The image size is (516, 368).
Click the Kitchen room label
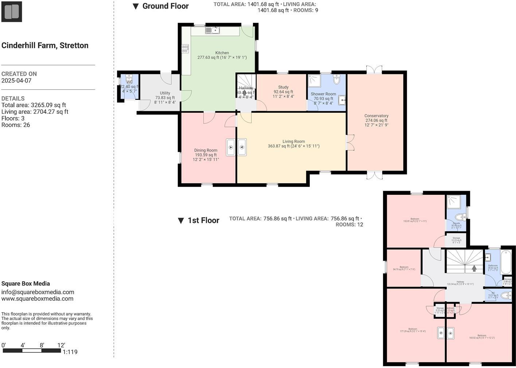pyautogui.click(x=222, y=53)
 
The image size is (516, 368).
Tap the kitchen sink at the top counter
pyautogui.click(x=212, y=30)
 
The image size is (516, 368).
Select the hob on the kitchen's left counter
pyautogui.click(x=185, y=49)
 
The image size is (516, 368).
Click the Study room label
pyautogui.click(x=283, y=87)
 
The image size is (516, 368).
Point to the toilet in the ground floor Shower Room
pyautogui.click(x=336, y=79)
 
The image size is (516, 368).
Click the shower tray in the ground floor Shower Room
pyautogui.click(x=314, y=81)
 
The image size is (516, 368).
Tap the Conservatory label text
pyautogui.click(x=376, y=116)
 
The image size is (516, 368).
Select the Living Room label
pyautogui.click(x=293, y=142)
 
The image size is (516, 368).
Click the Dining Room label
pyautogui.click(x=206, y=150)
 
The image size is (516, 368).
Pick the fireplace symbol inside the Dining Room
pyautogui.click(x=230, y=147)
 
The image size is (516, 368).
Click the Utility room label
pyautogui.click(x=165, y=93)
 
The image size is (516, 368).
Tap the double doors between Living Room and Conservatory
pyautogui.click(x=350, y=143)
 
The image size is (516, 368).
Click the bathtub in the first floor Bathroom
pyautogui.click(x=506, y=262)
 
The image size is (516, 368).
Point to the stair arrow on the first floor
pyautogui.click(x=474, y=268)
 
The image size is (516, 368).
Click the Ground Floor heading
pyautogui.click(x=165, y=6)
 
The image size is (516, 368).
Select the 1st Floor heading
pyautogui.click(x=203, y=220)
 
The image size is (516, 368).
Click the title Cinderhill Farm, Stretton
pyautogui.click(x=45, y=46)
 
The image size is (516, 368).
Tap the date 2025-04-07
pyautogui.click(x=16, y=81)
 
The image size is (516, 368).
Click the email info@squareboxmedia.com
pyautogui.click(x=38, y=292)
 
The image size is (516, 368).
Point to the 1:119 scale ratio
pyautogui.click(x=70, y=352)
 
